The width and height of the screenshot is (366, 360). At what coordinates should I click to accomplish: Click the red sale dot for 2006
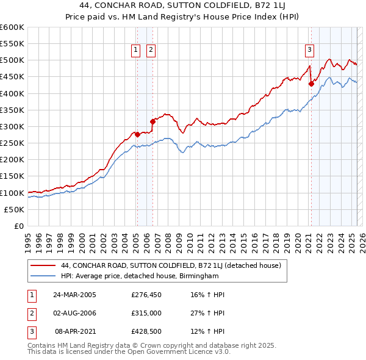coord(152,121)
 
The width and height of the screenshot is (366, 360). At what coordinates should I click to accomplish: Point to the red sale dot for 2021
coord(311,84)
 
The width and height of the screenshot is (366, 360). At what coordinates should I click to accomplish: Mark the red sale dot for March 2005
coord(137,134)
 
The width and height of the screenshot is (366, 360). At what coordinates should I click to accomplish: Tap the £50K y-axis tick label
coord(15,209)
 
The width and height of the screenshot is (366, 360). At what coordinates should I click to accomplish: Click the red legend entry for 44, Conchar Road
coord(170,266)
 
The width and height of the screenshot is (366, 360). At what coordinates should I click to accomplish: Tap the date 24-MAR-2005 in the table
coord(75,294)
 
